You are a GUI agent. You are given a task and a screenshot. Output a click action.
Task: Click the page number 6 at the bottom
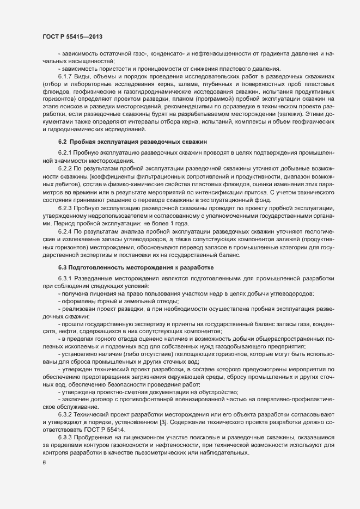tap(44, 463)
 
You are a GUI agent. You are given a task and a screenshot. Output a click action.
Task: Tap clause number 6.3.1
tap(66, 279)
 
